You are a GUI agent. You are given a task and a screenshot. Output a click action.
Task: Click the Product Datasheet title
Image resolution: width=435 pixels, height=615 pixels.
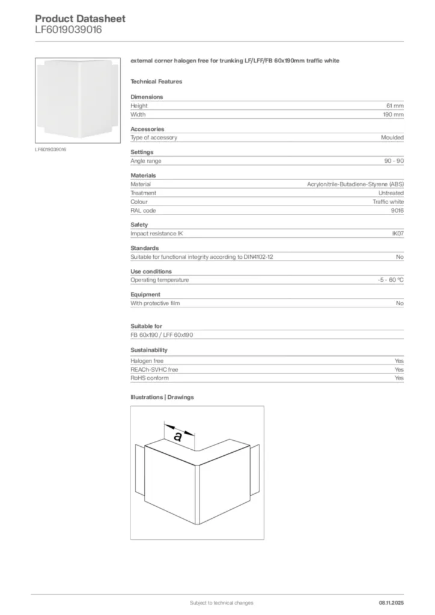pos(80,19)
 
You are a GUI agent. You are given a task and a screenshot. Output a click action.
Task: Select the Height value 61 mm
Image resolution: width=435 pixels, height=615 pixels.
pos(394,106)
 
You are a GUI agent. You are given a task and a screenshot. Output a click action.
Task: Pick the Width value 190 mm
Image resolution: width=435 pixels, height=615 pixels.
pos(393,114)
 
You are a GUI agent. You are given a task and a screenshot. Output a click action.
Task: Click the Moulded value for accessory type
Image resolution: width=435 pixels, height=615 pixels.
pos(392,138)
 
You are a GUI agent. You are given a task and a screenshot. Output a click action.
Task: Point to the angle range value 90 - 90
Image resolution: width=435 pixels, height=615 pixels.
pos(394,161)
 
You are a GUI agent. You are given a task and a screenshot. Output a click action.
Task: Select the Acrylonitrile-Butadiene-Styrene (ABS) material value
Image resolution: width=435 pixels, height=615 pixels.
pos(355,184)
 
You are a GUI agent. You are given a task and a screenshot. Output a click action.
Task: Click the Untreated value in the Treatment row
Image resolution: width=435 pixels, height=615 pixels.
pos(391,193)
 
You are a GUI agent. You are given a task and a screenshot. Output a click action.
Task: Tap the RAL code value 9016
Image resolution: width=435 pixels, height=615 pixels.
pos(397,211)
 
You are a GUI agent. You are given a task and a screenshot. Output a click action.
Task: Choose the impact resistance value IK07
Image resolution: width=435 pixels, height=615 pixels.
pos(397,234)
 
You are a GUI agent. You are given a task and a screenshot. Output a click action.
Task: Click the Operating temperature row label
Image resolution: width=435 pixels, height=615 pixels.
pos(159,280)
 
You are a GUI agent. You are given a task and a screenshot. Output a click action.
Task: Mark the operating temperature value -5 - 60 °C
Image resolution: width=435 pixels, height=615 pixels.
pos(386,280)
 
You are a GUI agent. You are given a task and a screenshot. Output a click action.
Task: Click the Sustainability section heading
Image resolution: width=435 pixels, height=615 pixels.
pos(149,350)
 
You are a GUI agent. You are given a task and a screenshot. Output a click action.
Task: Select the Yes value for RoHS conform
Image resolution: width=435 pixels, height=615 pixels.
pos(399,378)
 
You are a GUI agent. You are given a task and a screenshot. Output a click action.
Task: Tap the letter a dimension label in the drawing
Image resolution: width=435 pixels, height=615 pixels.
pos(178,437)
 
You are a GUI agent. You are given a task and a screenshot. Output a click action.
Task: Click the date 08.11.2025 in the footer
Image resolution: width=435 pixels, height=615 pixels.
pos(391,602)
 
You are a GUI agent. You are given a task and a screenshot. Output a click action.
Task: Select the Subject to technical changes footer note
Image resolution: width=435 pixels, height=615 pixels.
pos(221,602)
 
